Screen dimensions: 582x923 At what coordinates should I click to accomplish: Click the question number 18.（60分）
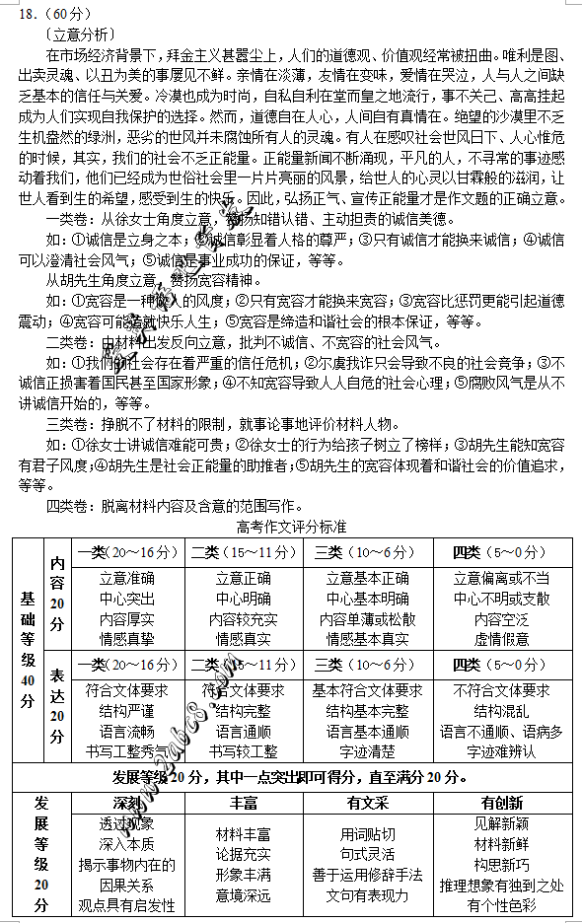pos(42,10)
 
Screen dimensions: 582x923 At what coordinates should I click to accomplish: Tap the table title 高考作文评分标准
pos(292,527)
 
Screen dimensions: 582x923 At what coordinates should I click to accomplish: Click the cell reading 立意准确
pos(126,579)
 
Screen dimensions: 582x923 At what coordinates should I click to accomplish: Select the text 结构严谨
pos(126,711)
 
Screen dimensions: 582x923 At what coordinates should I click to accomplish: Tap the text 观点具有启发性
pos(126,905)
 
